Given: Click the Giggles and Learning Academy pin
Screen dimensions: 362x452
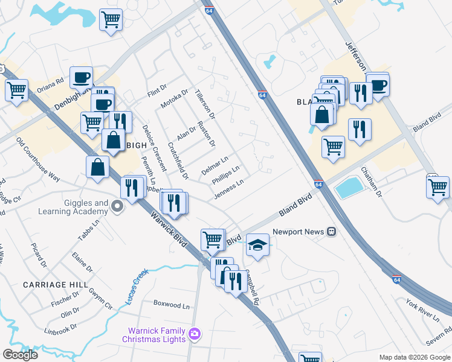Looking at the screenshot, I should point(118,208).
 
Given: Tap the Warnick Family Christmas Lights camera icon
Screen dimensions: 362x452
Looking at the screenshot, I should point(194,333).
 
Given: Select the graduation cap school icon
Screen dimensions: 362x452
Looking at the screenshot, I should point(257,245).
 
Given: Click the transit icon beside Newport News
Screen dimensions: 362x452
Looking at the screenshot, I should point(331,232).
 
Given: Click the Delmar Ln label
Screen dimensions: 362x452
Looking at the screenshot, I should point(215,166).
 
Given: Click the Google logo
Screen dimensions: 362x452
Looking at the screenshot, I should point(20,355).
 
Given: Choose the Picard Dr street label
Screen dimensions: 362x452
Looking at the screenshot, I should point(39,255).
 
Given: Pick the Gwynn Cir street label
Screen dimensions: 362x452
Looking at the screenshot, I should point(100,298).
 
